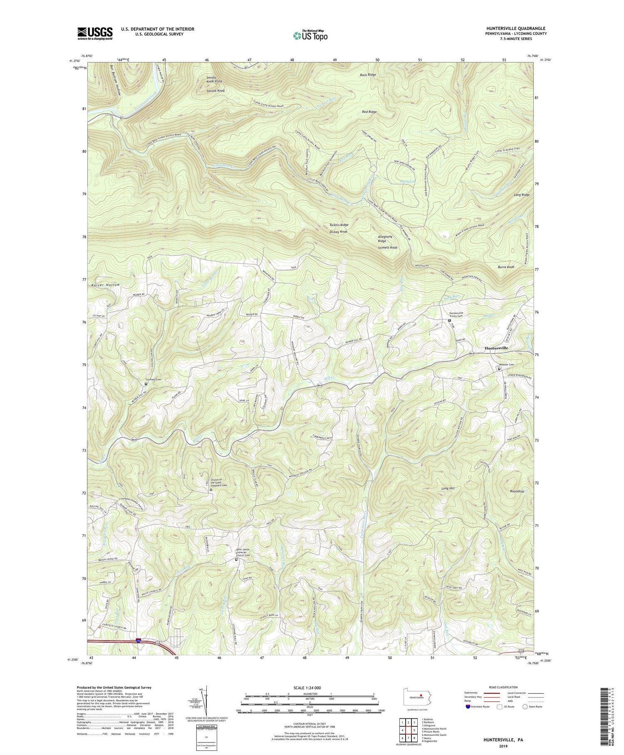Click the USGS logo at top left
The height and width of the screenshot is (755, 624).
pyautogui.click(x=95, y=33)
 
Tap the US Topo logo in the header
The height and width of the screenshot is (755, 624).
pyautogui.click(x=310, y=35)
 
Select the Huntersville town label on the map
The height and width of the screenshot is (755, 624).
pyautogui.click(x=495, y=348)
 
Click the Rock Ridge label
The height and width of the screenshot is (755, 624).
pyautogui.click(x=368, y=75)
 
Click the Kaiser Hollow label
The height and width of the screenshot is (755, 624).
pyautogui.click(x=104, y=285)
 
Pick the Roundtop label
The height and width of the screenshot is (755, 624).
pyautogui.click(x=517, y=491)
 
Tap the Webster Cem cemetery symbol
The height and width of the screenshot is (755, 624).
pyautogui.click(x=499, y=369)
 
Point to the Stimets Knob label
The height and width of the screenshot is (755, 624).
pyautogui.click(x=387, y=247)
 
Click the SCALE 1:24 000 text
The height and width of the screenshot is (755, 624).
pyautogui.click(x=310, y=688)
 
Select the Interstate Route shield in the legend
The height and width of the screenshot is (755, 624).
pyautogui.click(x=468, y=707)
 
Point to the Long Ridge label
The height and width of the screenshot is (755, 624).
pyautogui.click(x=522, y=195)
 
